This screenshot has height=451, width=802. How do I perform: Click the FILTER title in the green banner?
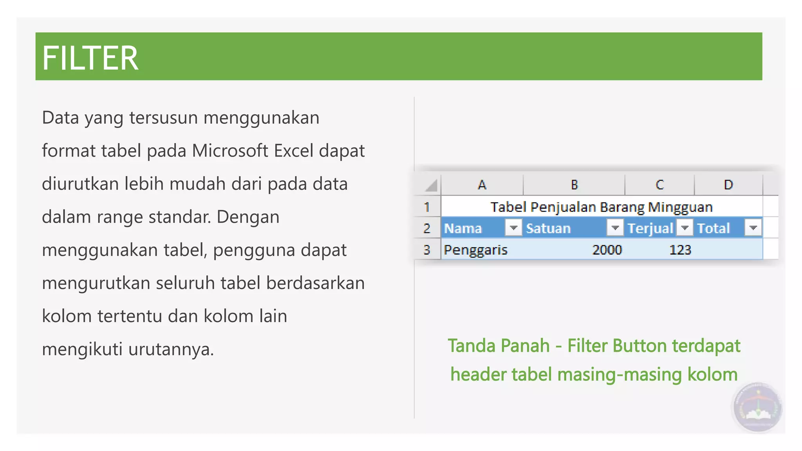click(x=90, y=58)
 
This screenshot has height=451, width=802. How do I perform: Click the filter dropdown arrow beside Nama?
click(x=513, y=227)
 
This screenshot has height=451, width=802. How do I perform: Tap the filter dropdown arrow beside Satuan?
click(x=615, y=227)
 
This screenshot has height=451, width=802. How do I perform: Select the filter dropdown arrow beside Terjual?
click(x=685, y=227)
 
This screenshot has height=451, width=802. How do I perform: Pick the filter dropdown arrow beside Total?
click(x=753, y=227)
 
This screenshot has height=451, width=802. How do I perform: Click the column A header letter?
click(x=482, y=184)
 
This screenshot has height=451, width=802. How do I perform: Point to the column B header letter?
click(x=574, y=184)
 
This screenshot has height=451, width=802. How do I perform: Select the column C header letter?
click(x=660, y=184)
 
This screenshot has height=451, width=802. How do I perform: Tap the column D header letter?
click(x=728, y=184)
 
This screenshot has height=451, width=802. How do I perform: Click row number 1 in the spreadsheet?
click(x=427, y=207)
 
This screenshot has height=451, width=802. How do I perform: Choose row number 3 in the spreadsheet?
click(x=427, y=250)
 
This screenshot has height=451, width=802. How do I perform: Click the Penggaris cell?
click(x=475, y=250)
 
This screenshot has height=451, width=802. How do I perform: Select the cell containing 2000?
click(x=607, y=250)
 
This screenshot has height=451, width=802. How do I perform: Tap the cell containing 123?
click(x=680, y=250)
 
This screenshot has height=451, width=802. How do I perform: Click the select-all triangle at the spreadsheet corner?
click(x=431, y=185)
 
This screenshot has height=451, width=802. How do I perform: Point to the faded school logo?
click(x=758, y=408)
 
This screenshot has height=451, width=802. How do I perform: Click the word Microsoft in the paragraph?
click(x=230, y=151)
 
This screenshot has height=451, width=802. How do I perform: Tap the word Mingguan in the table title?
click(x=680, y=207)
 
